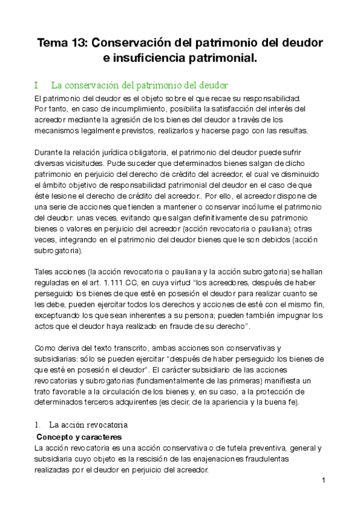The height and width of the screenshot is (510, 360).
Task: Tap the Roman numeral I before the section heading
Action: coord(37,85)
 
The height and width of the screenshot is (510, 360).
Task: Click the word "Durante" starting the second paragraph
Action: coord(50,153)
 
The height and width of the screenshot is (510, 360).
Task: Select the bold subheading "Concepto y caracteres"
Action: coord(79,437)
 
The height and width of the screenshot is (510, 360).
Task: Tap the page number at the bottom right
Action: coord(323,481)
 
